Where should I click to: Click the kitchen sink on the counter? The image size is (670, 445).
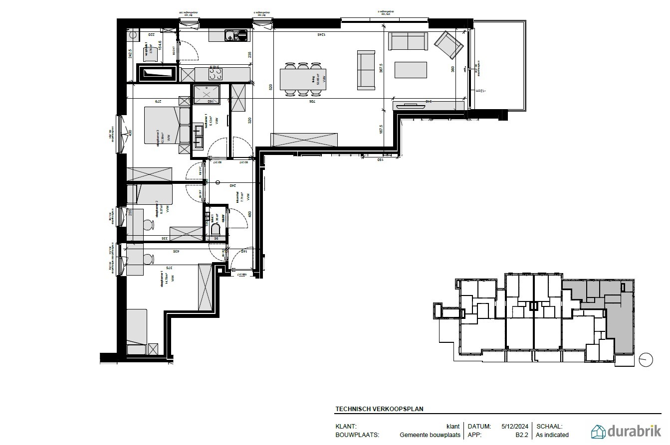pos(235,35)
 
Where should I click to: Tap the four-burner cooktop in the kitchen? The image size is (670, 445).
pos(216,74)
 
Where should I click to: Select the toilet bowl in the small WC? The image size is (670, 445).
pos(216,229)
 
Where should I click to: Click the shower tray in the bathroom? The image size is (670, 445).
pos(206,94)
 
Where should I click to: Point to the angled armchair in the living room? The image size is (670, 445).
pos(447,44)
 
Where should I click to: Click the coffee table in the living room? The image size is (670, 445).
pos(411,70)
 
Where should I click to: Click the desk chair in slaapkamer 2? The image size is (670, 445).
pos(148,225)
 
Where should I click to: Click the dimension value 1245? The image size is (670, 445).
pos(321,34)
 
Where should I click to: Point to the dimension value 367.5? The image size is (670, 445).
pos(381,68)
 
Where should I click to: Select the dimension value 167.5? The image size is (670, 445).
pos(381,129)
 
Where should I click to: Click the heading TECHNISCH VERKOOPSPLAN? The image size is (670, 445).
pos(379,409)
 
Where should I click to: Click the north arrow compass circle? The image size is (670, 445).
pos(646,360)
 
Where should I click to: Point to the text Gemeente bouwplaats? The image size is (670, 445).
pos(430,435)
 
